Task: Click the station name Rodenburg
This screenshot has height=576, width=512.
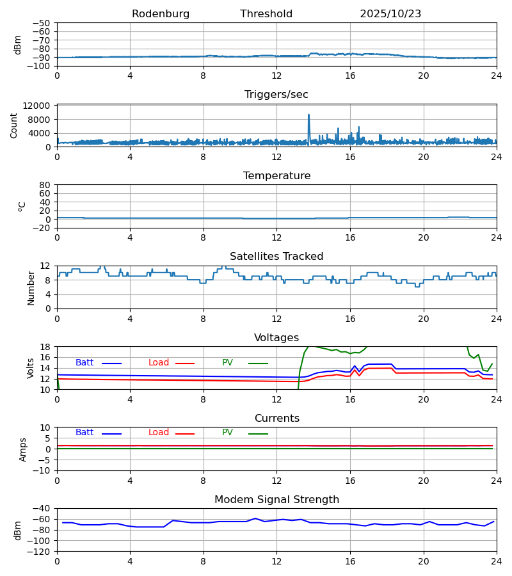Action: (161, 14)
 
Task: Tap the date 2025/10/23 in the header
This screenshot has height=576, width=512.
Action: (390, 14)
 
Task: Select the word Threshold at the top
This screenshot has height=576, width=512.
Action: (266, 14)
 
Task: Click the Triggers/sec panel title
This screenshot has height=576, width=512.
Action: (276, 95)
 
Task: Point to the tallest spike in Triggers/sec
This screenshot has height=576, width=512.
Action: (308, 115)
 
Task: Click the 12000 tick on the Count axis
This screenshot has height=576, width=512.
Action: (40, 106)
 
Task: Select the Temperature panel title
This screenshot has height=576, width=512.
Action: (276, 176)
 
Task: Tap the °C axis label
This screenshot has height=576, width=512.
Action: (22, 206)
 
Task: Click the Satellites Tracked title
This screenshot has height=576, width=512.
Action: (276, 257)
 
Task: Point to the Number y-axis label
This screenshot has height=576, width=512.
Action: (31, 287)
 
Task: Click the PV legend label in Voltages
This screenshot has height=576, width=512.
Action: (227, 363)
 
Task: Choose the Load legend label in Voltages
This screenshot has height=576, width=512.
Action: (159, 363)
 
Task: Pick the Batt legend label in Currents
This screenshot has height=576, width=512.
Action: (84, 433)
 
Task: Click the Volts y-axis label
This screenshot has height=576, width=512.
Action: (31, 368)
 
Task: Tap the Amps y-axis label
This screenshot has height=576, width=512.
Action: (23, 449)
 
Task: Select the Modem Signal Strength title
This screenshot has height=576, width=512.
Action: (276, 500)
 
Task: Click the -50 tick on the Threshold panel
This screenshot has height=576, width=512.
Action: (42, 23)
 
